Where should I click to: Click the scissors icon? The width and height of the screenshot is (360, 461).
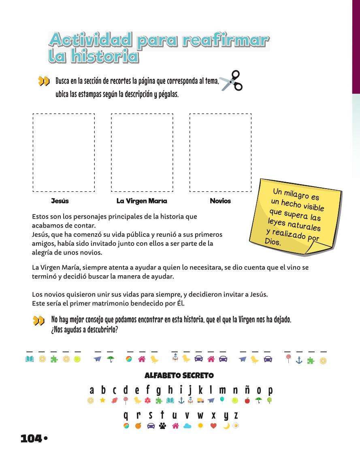point(231,81)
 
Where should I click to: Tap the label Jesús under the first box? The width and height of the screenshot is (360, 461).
point(60,201)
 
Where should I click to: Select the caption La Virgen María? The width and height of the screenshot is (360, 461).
point(142,201)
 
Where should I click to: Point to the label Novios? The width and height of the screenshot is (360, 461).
point(220,201)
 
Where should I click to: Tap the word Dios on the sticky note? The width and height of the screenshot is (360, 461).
point(273,242)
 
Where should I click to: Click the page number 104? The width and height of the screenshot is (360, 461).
point(31,438)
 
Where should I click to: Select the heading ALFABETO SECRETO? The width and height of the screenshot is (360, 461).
point(179,376)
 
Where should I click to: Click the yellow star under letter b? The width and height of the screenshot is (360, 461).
point(103,400)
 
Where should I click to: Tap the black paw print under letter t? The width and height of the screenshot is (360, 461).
point(162,426)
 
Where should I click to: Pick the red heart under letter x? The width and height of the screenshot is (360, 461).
point(214,426)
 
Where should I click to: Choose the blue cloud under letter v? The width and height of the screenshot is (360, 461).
point(187,426)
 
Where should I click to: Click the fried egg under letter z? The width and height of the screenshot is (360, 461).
point(235,425)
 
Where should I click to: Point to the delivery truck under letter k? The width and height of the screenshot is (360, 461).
point(200,400)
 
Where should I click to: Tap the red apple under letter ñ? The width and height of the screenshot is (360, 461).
point(247,400)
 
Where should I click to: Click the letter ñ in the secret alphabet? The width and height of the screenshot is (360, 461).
point(247,390)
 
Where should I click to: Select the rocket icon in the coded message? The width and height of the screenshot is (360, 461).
point(175,359)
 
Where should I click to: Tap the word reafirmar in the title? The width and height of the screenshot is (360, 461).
point(226,40)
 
